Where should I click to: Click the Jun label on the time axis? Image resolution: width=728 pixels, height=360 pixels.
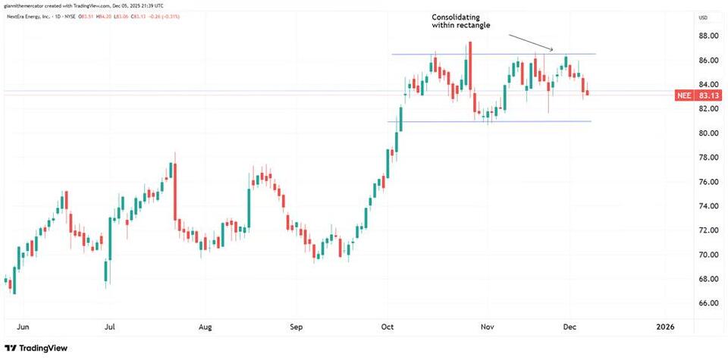pos(24,327)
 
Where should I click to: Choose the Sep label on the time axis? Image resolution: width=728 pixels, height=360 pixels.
pos(296,327)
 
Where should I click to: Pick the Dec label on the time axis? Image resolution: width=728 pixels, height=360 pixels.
pos(570,327)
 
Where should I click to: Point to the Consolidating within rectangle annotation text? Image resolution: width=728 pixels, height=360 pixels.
pos(462,21)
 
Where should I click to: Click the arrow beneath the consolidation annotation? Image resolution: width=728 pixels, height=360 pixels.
pos(530,42)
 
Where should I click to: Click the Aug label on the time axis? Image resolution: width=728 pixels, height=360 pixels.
pos(204,327)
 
